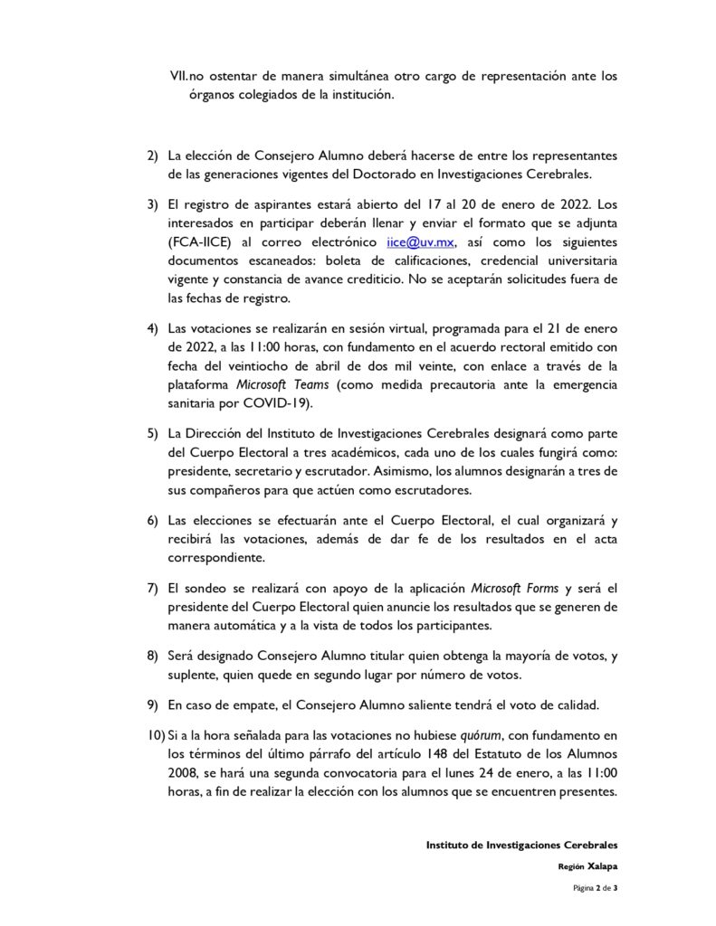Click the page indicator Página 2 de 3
(x=595, y=889)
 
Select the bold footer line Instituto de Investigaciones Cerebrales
(x=521, y=845)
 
